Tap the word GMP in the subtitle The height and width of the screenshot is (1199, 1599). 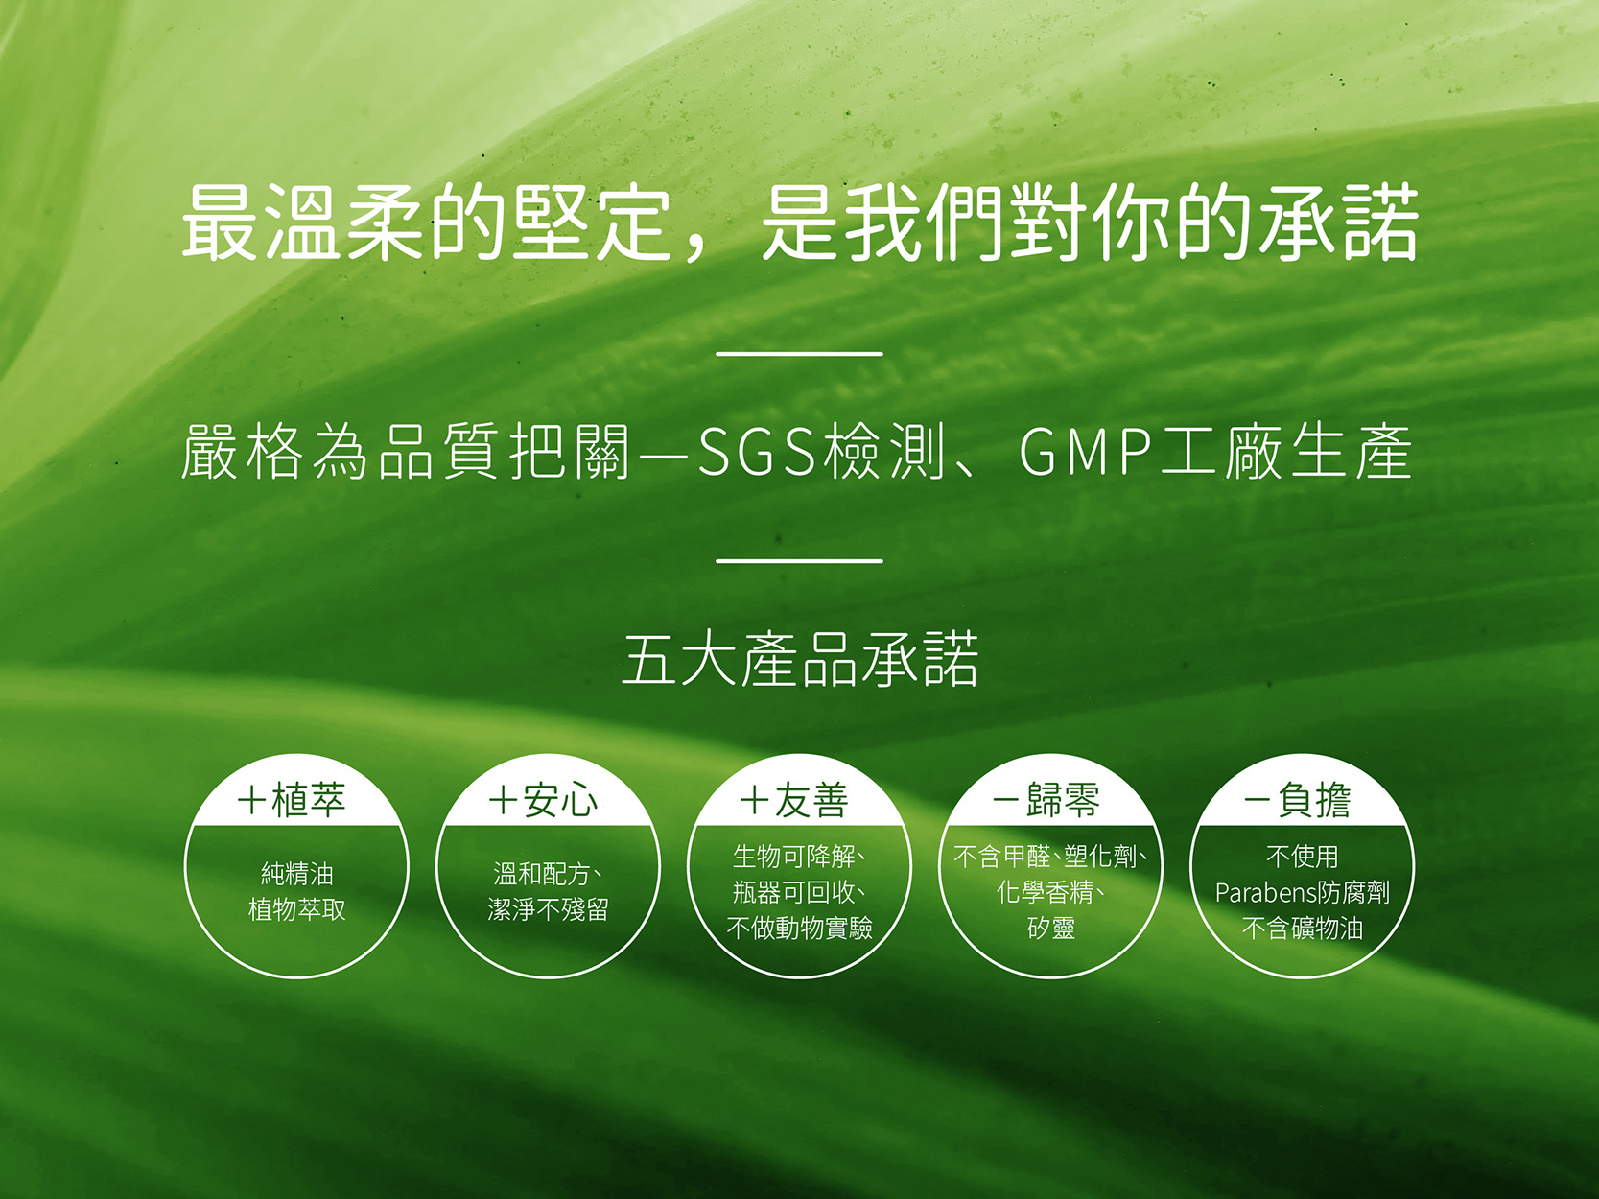coord(1087,452)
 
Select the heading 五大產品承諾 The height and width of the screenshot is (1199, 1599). coord(800,659)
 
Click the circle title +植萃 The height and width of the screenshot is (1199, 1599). coord(293,800)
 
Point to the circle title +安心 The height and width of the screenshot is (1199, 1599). coord(544,800)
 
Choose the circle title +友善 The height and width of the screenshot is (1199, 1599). coord(795,800)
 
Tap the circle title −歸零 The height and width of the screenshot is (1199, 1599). coord(1046,800)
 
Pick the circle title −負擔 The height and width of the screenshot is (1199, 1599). coord(1298,800)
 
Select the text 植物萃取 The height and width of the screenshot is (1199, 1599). coord(297,910)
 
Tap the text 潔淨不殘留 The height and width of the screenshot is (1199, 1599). coord(548,910)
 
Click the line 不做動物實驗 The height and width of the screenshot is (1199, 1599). coord(800,928)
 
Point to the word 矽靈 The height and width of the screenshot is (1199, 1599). coord(1051,928)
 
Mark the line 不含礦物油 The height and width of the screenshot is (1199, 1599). coord(1303,928)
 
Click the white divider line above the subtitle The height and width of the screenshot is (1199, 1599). coord(800,354)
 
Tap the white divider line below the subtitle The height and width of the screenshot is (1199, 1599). coord(800,561)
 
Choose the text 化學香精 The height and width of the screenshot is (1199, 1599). coord(1046,892)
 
